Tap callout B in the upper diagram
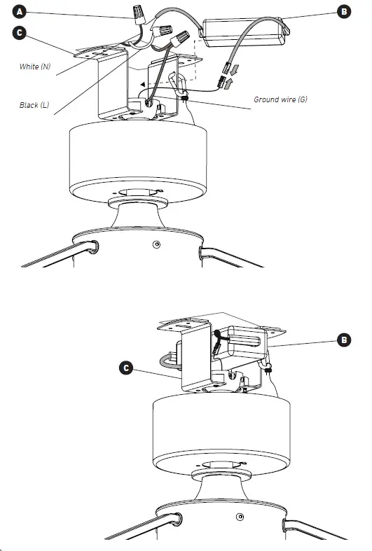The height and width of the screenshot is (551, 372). click(x=343, y=11)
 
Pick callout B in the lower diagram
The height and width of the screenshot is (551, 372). click(x=343, y=340)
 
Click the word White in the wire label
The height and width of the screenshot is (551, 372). click(x=29, y=67)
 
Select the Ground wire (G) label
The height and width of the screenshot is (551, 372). click(x=280, y=100)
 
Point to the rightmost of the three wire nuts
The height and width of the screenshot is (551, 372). click(x=181, y=37)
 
